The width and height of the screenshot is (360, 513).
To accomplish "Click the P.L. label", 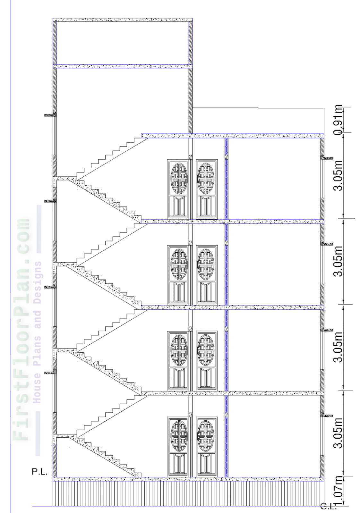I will pos(39,472).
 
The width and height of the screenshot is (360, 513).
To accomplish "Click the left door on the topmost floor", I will pos(177,189).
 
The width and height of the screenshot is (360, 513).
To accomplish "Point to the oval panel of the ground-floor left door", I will pos(179,434).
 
